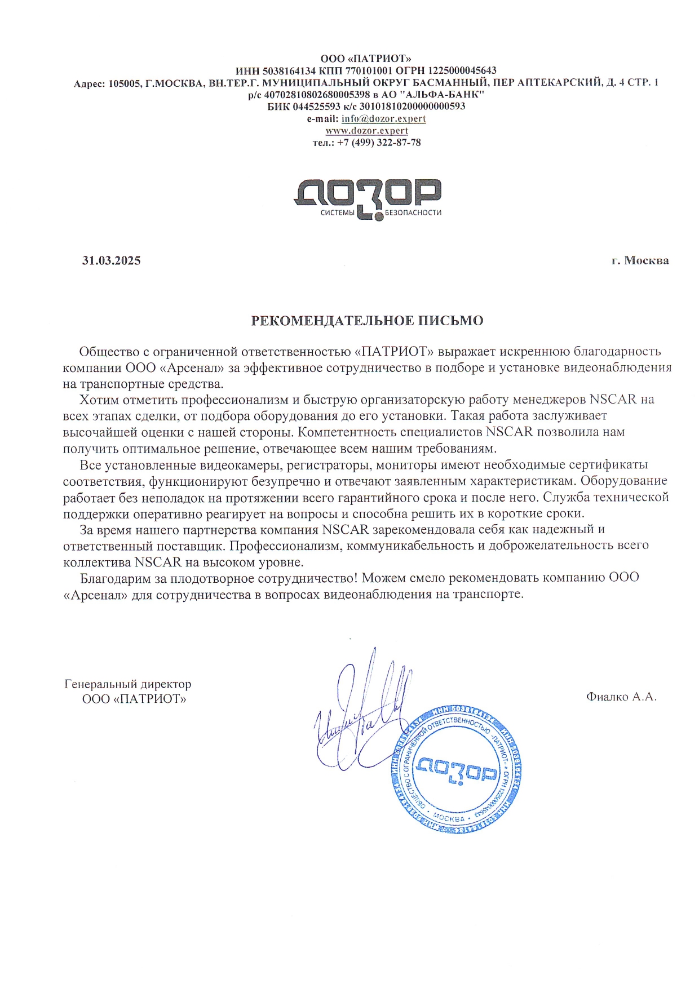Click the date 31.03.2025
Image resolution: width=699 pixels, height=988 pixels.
111,260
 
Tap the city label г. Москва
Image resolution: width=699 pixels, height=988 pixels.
640,260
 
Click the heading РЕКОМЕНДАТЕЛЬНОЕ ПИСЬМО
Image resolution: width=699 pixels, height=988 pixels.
367,321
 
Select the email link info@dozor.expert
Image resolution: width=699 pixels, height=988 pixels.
383,118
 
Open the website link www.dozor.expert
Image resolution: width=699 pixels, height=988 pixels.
367,130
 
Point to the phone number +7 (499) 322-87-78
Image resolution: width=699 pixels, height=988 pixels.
379,143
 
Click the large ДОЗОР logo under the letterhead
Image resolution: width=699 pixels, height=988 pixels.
367,194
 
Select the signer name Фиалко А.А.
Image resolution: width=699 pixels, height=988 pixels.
621,697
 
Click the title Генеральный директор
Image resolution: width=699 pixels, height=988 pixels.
128,684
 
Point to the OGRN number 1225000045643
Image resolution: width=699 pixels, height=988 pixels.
462,70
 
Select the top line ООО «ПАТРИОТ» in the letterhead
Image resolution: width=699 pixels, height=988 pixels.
366,59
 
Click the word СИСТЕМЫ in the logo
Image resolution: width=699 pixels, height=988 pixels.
338,212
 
